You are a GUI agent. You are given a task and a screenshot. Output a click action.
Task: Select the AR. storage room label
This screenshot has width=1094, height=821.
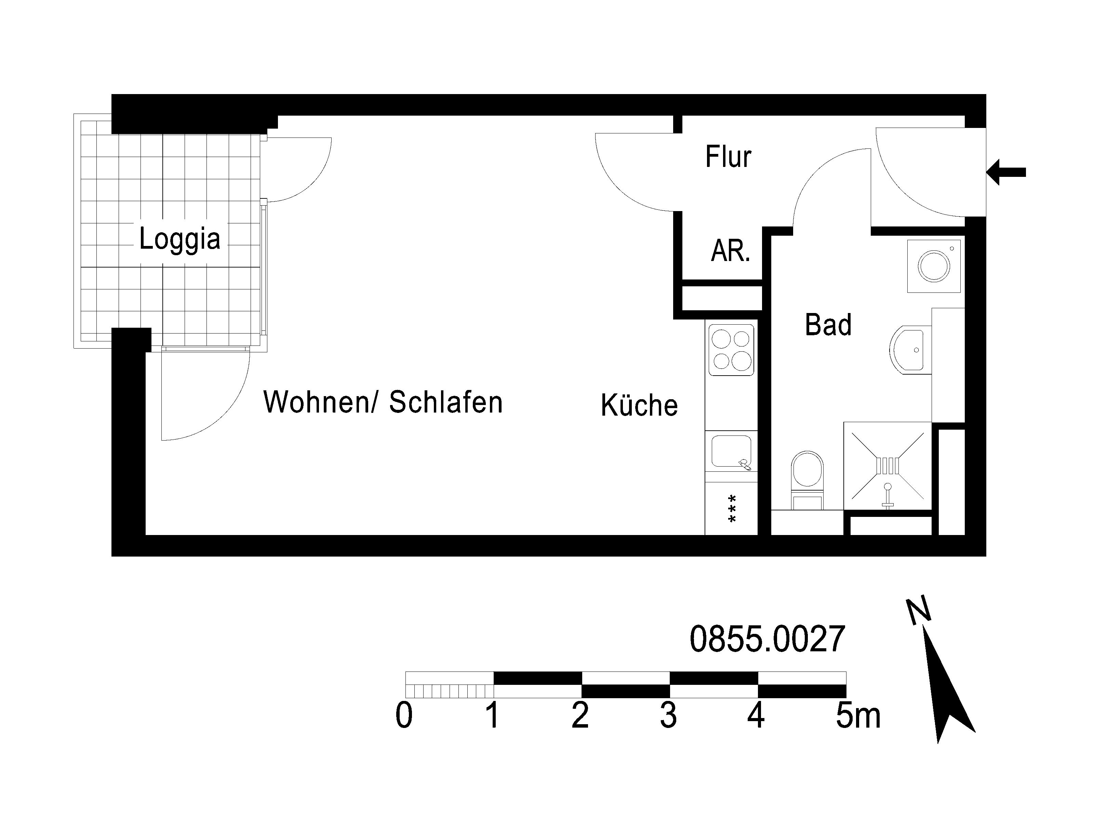pyautogui.click(x=731, y=250)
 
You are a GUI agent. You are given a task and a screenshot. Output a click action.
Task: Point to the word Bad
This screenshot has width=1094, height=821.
pyautogui.click(x=828, y=325)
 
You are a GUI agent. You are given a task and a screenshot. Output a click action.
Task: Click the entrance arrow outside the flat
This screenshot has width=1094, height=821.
pyautogui.click(x=1006, y=172)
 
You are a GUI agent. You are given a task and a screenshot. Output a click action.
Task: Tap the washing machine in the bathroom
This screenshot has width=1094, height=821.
pyautogui.click(x=934, y=266)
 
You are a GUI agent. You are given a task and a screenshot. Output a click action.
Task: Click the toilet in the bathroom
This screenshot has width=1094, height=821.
pyautogui.click(x=807, y=479)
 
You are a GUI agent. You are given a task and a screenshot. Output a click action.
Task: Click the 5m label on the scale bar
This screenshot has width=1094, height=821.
pyautogui.click(x=858, y=716)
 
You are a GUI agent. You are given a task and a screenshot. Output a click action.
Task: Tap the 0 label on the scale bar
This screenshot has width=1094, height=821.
pyautogui.click(x=404, y=716)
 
